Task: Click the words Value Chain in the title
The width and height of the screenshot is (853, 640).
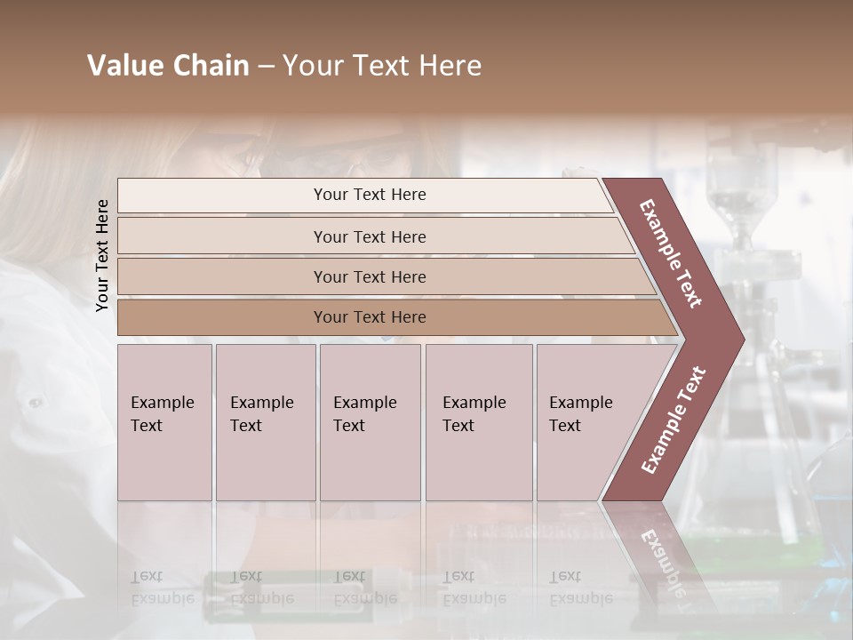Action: click(168, 66)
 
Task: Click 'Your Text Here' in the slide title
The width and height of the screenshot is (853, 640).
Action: click(382, 66)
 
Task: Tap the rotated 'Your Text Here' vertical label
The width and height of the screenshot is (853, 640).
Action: click(102, 255)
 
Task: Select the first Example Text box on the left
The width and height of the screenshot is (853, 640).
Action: click(164, 422)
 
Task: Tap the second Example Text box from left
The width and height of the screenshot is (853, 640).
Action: click(266, 422)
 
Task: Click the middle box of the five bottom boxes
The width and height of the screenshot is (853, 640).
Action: click(370, 422)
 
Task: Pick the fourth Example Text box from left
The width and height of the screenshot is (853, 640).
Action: click(479, 422)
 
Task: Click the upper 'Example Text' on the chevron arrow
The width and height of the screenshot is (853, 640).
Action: click(671, 252)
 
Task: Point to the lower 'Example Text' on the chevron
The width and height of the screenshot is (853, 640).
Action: click(674, 420)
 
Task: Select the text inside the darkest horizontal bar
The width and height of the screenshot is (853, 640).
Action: click(370, 317)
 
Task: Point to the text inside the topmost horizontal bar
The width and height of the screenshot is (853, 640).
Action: click(370, 195)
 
